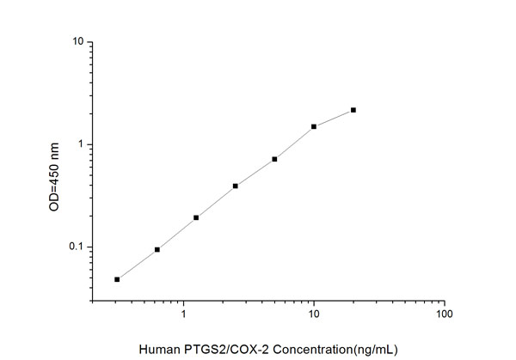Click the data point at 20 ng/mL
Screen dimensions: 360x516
tap(353, 110)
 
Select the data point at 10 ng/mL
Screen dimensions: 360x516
tap(314, 126)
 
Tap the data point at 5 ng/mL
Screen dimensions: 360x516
tap(274, 159)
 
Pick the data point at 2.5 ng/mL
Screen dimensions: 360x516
tap(235, 186)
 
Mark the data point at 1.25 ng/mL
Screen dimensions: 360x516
tap(196, 217)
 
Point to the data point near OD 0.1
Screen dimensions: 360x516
tap(157, 249)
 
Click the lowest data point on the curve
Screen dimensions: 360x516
tap(117, 279)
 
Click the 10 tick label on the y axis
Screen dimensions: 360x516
tap(77, 41)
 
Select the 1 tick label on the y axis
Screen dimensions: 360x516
tap(79, 144)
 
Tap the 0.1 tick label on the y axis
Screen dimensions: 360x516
tap(75, 247)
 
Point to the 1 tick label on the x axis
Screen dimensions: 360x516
tap(183, 316)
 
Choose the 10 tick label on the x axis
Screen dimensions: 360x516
tap(314, 316)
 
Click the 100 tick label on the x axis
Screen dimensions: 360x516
tap(444, 316)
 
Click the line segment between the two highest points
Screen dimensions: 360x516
tap(334, 119)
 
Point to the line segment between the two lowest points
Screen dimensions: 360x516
tap(137, 265)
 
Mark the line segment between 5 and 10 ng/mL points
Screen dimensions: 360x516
tap(294, 143)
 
